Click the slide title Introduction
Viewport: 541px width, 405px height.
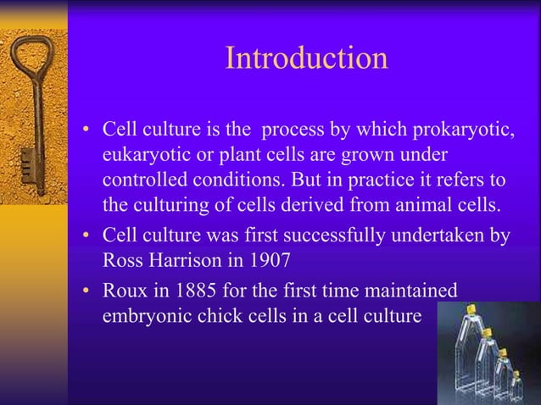tap(306, 58)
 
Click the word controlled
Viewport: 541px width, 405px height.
tap(145, 181)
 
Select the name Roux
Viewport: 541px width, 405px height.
tap(125, 291)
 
